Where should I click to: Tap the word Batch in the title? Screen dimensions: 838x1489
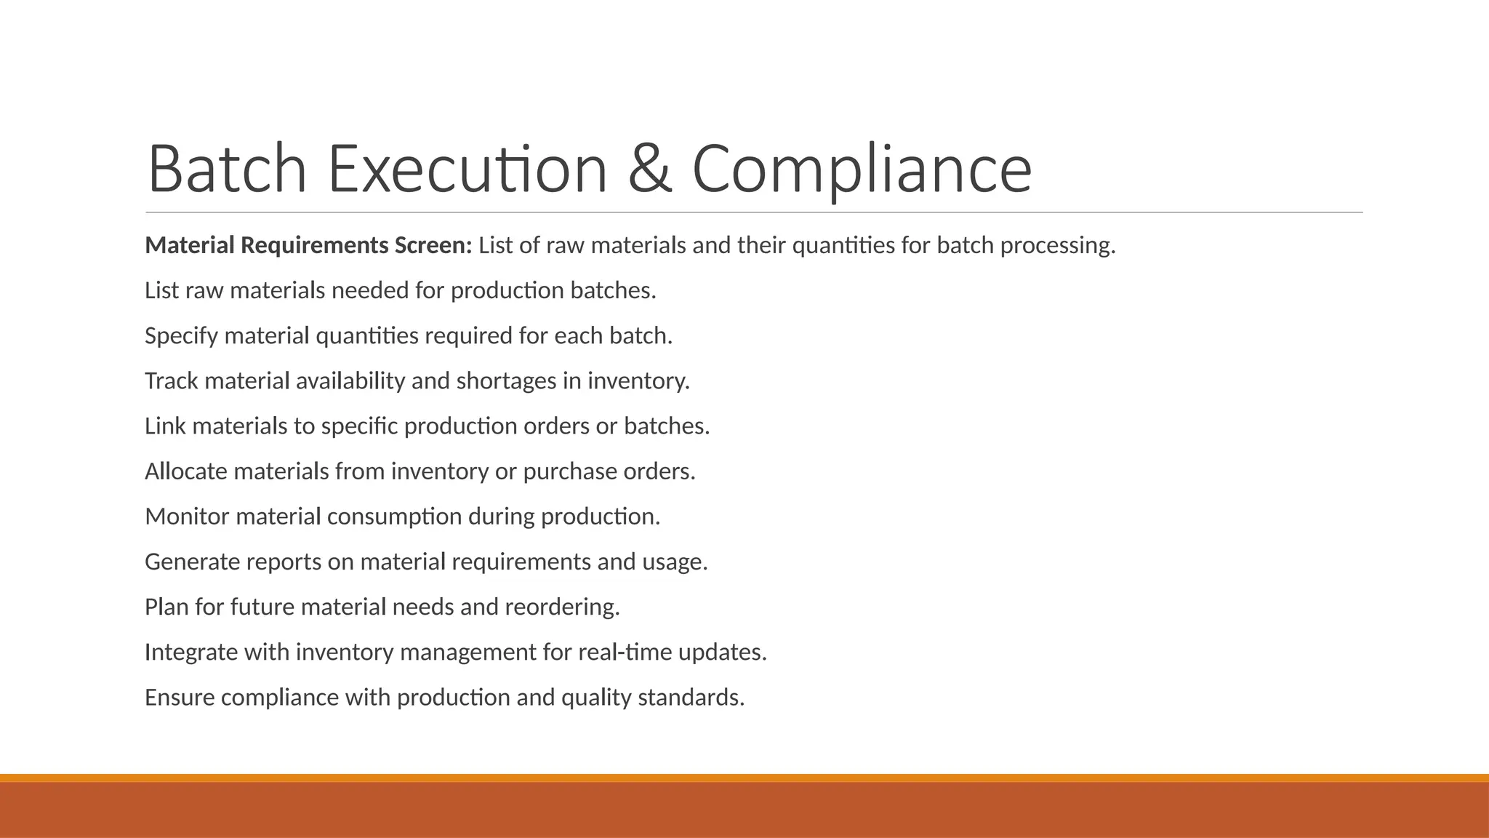tap(227, 169)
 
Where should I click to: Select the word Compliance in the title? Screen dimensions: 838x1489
tap(862, 169)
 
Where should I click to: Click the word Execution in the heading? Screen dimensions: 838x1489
tap(467, 169)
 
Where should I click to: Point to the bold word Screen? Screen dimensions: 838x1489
tap(433, 246)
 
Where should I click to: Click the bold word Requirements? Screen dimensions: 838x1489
tap(315, 246)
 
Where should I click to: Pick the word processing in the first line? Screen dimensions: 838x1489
tap(1057, 246)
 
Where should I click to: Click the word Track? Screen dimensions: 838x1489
tap(172, 381)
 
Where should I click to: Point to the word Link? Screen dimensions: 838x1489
tap(166, 426)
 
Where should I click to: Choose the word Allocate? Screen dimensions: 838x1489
tap(186, 471)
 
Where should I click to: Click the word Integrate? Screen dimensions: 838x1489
tap(191, 653)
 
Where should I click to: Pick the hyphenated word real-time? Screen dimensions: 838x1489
tap(625, 653)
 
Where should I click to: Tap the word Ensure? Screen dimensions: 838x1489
tap(180, 698)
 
